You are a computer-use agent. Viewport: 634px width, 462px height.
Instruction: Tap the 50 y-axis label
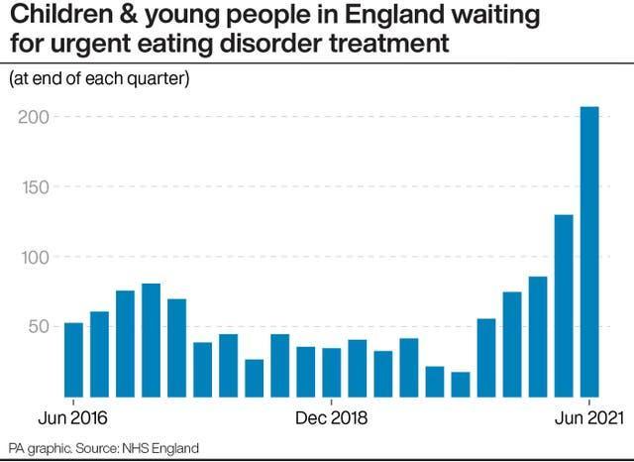pos(37,326)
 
